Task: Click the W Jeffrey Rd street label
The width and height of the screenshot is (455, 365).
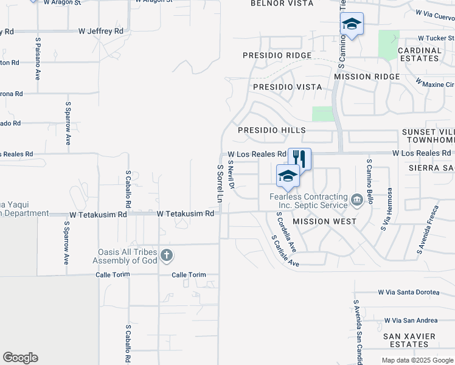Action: pyautogui.click(x=101, y=30)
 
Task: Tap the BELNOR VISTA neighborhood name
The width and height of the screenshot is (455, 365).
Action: pyautogui.click(x=282, y=4)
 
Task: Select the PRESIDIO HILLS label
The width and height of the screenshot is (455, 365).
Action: pyautogui.click(x=271, y=131)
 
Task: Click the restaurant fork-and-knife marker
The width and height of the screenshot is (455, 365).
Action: pyautogui.click(x=299, y=159)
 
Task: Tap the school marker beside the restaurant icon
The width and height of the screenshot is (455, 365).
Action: pyautogui.click(x=288, y=176)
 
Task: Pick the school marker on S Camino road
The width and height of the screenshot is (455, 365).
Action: pyautogui.click(x=352, y=25)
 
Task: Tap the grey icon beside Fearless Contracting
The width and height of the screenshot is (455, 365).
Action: pyautogui.click(x=357, y=198)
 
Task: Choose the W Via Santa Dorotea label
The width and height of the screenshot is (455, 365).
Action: pyautogui.click(x=408, y=293)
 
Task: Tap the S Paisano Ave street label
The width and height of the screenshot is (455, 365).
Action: pyautogui.click(x=38, y=59)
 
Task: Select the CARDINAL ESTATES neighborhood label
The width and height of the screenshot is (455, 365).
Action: pyautogui.click(x=419, y=55)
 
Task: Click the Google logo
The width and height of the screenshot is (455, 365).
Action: pyautogui.click(x=20, y=358)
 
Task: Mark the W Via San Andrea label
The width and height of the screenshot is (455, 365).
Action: pyautogui.click(x=411, y=321)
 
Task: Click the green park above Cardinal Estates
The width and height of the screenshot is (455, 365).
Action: pyautogui.click(x=389, y=44)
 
